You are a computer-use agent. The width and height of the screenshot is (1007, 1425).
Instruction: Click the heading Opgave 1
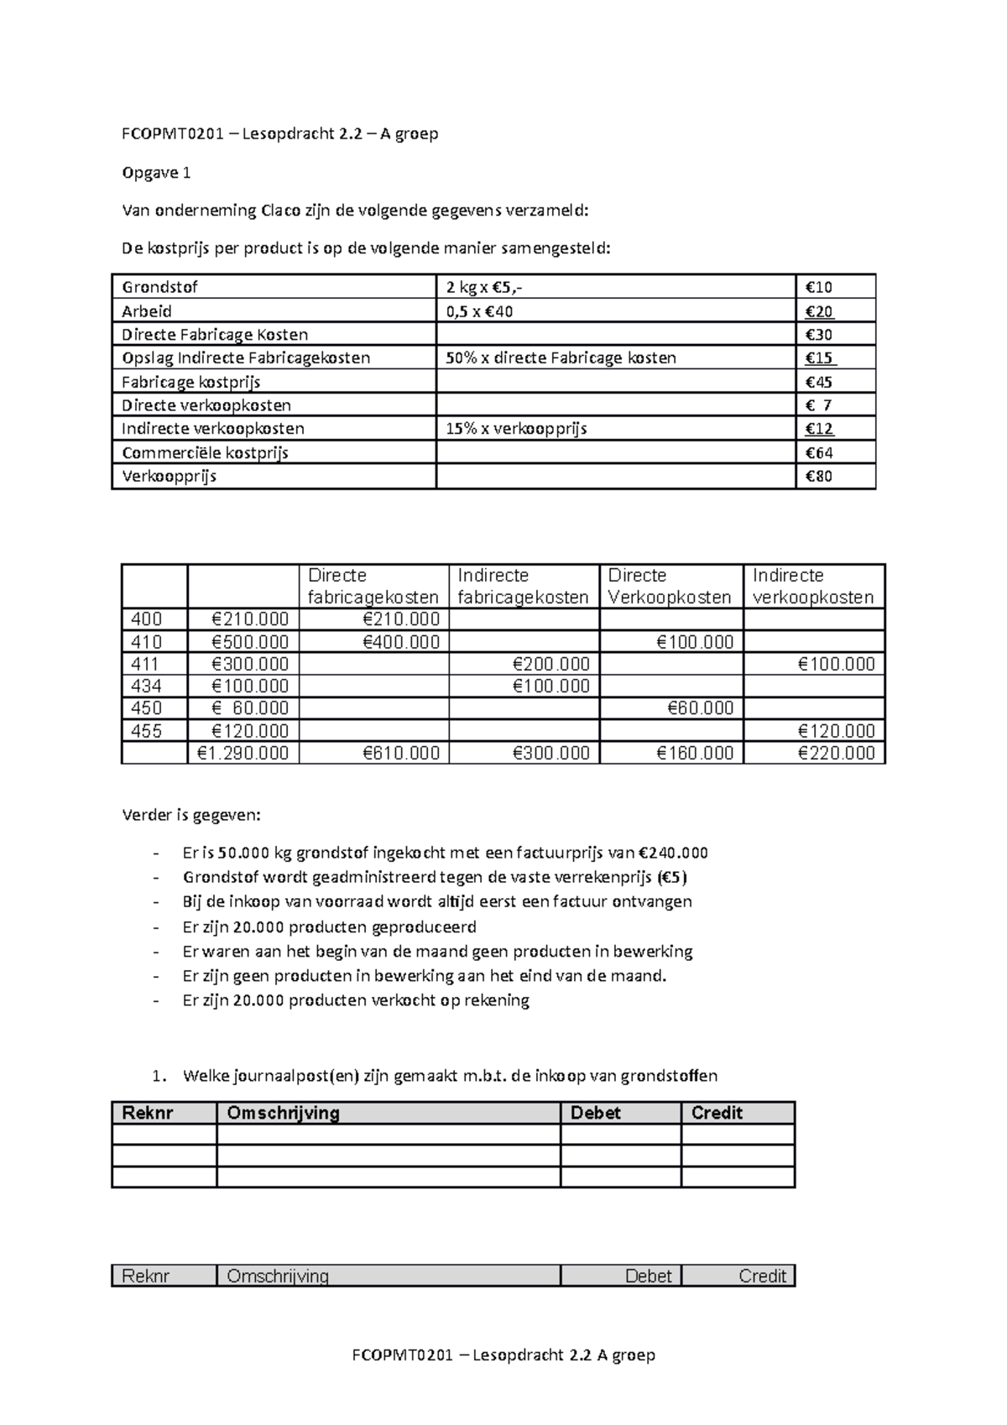click(x=157, y=173)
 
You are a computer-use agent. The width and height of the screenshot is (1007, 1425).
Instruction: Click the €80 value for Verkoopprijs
click(x=818, y=477)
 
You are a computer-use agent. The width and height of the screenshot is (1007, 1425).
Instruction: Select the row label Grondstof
click(x=160, y=287)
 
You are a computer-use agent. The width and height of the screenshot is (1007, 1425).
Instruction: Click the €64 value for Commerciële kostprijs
click(x=818, y=453)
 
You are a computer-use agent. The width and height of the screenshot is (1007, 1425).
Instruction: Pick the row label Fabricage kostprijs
click(x=191, y=382)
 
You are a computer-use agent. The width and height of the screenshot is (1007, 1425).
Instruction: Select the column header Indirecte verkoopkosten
click(x=812, y=586)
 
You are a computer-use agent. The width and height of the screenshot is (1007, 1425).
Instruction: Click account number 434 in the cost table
click(x=146, y=686)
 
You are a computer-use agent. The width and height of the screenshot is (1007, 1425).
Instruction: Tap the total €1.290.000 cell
click(x=243, y=754)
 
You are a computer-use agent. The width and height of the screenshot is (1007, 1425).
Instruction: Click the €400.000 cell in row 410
click(x=401, y=642)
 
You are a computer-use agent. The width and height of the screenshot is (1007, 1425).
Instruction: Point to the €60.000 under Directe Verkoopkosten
click(x=700, y=708)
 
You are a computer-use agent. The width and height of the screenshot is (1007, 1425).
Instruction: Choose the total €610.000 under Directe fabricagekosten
click(x=401, y=754)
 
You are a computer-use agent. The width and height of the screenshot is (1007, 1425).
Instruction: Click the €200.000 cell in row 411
click(x=550, y=665)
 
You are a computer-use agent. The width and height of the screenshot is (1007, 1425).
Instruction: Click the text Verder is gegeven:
click(x=191, y=815)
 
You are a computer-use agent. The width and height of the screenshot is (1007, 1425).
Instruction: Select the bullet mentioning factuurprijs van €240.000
click(x=445, y=853)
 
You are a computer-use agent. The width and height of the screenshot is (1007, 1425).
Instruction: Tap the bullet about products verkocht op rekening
click(x=356, y=1000)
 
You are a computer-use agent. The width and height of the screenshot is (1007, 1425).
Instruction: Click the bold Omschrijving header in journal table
click(x=284, y=1113)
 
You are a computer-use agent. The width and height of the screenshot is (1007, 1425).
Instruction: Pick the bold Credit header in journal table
click(x=717, y=1113)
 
